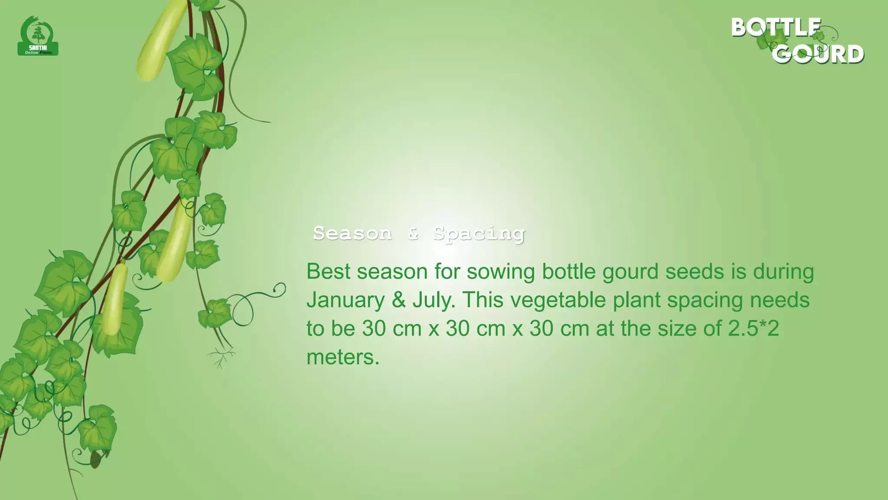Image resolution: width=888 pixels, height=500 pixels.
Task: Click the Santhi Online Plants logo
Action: tap(38, 36)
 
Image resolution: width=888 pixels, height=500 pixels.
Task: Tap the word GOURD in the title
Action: tap(818, 54)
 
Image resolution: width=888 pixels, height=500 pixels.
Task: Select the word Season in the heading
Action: tap(352, 234)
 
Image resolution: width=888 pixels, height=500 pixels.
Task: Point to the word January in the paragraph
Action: tap(346, 300)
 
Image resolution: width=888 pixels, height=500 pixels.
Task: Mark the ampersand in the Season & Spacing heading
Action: tap(412, 234)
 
